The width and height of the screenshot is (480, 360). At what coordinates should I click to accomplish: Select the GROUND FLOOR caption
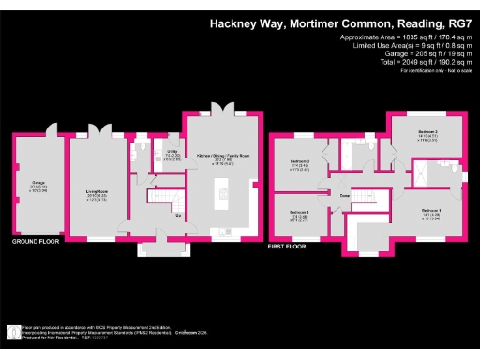point(37,242)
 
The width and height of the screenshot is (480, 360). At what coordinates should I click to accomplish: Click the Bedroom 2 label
point(427,133)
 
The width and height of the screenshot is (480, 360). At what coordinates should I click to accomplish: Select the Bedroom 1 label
point(432,211)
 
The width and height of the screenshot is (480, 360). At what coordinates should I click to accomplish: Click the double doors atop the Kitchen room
point(223,110)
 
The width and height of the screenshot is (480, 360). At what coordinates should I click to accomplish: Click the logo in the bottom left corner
point(13,332)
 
